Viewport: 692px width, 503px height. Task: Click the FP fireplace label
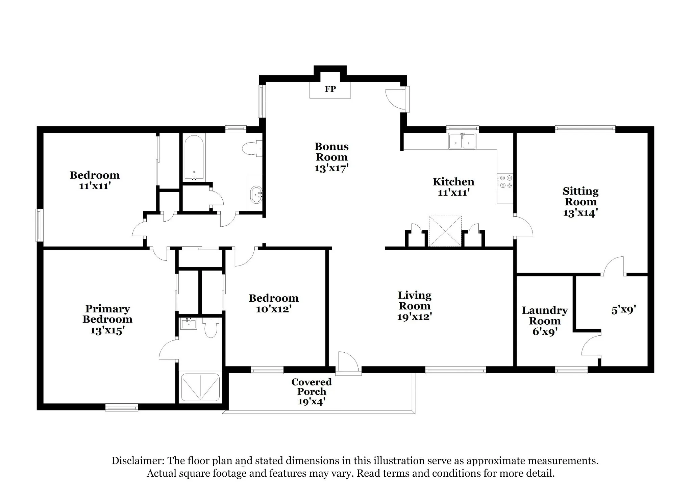point(330,89)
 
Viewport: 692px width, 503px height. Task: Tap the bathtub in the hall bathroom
point(194,158)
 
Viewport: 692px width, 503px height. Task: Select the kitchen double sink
point(462,141)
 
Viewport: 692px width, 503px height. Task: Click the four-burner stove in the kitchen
point(505,181)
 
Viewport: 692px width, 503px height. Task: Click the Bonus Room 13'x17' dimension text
point(331,168)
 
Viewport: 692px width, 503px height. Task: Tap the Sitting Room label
point(580,197)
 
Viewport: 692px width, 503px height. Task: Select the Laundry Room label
point(545,316)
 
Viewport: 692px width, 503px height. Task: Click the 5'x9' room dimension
point(624,310)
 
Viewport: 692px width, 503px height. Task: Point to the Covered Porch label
point(312,386)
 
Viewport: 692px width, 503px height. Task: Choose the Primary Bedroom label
point(107,314)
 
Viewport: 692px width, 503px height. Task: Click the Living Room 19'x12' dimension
point(415,317)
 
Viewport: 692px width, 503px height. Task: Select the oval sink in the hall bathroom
point(256,195)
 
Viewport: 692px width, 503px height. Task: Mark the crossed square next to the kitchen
point(445,231)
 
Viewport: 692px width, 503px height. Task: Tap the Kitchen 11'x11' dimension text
point(453,193)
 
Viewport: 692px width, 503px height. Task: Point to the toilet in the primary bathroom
point(211,328)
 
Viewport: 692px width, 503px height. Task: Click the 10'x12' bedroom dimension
point(274,309)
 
